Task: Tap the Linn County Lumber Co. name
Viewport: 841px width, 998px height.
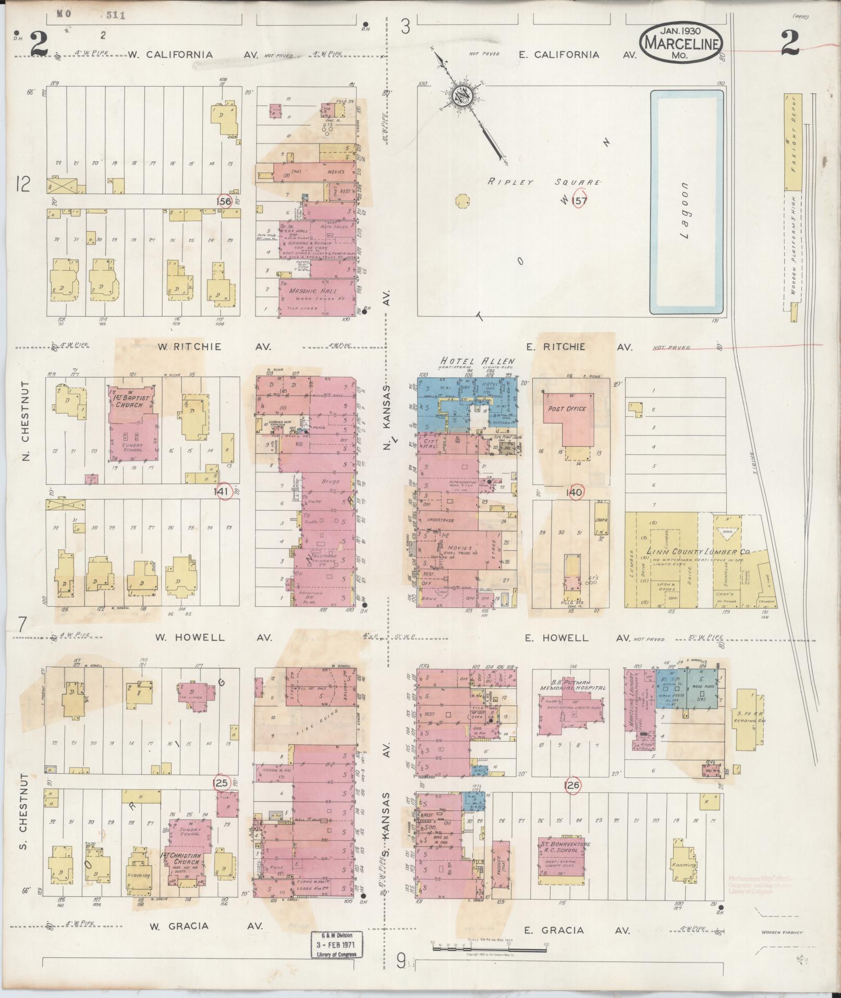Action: (x=698, y=552)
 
